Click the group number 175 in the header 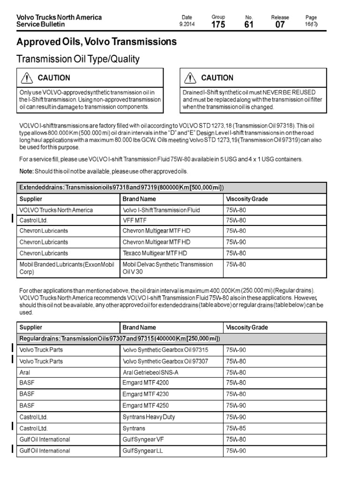click(x=218, y=25)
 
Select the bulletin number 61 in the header click(x=249, y=25)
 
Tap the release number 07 click(x=280, y=25)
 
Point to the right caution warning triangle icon click(x=190, y=78)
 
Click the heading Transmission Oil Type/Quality click(x=78, y=59)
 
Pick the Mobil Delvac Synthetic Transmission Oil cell click(x=167, y=268)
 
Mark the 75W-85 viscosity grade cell click(x=236, y=428)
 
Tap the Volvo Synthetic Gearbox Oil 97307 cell click(x=165, y=361)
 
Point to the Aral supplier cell click(x=25, y=373)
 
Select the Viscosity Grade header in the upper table click(x=247, y=199)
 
